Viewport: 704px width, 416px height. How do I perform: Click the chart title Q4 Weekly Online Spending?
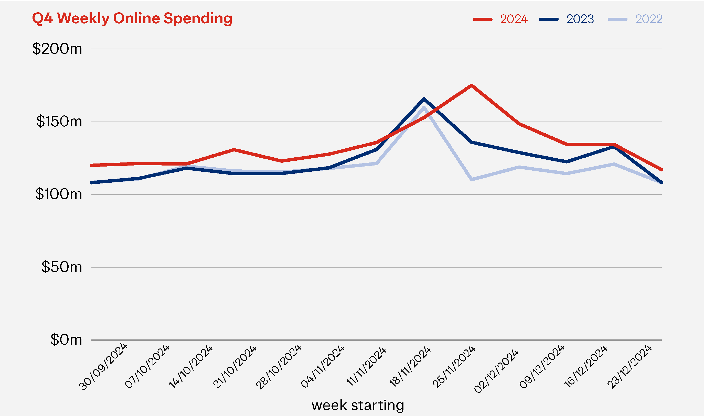pos(132,18)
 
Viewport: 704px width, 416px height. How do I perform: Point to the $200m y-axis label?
pos(57,49)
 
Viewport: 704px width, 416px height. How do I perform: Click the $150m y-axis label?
pos(59,122)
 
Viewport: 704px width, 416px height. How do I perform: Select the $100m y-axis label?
pos(59,194)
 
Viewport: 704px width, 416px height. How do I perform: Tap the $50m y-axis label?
pos(62,267)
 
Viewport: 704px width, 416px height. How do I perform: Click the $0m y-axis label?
pos(66,340)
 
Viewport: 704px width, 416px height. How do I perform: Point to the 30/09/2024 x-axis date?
pos(103,366)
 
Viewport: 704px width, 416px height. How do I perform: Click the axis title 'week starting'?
pos(358,405)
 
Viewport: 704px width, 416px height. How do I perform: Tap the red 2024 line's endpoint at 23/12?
pos(661,170)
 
